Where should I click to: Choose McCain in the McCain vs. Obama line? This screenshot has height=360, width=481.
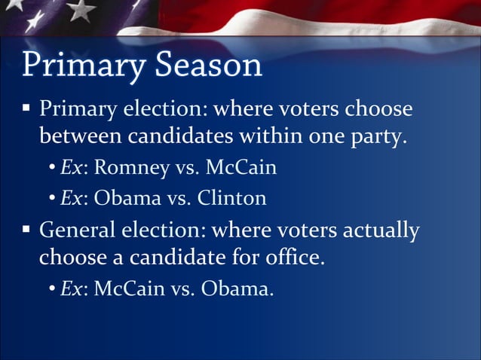coord(127,288)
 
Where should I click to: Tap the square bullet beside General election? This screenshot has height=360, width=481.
coord(26,228)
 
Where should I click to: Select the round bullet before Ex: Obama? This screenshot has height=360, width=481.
coord(53,199)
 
